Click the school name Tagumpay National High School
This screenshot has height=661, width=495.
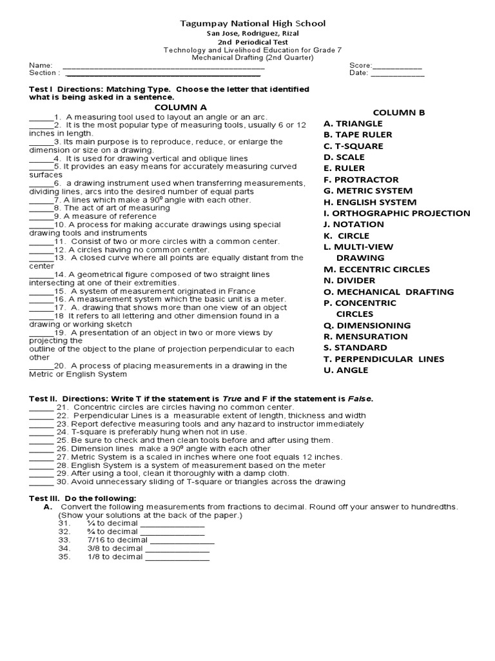tap(252, 23)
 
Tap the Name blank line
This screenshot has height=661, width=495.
tap(163, 66)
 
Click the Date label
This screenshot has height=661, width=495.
tap(358, 74)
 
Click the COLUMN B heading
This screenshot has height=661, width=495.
tap(399, 112)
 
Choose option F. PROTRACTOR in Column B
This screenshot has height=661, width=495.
tap(361, 179)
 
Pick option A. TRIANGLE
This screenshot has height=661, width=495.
tap(353, 123)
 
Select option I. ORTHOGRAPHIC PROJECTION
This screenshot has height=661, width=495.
tap(396, 213)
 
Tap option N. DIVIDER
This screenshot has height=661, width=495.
tap(349, 281)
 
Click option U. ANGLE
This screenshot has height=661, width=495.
tap(345, 371)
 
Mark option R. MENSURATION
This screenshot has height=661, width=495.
tap(365, 336)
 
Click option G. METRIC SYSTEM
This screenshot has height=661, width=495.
tap(367, 191)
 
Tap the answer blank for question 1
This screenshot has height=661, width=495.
tap(41, 117)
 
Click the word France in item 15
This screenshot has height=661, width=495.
tap(242, 291)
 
